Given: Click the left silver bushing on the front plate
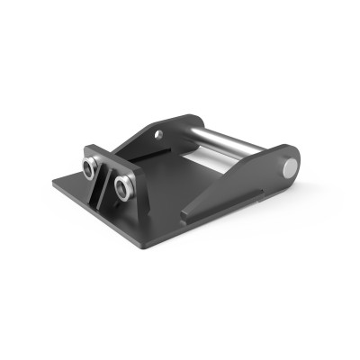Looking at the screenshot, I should tap(91, 166).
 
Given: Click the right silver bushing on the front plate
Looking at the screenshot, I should tap(123, 186).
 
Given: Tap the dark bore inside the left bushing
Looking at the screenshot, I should tap(90, 166).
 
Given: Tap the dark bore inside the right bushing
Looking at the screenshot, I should tap(123, 187).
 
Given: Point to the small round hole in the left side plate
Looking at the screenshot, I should tap(158, 135).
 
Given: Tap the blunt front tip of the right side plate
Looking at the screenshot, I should tap(185, 216).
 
